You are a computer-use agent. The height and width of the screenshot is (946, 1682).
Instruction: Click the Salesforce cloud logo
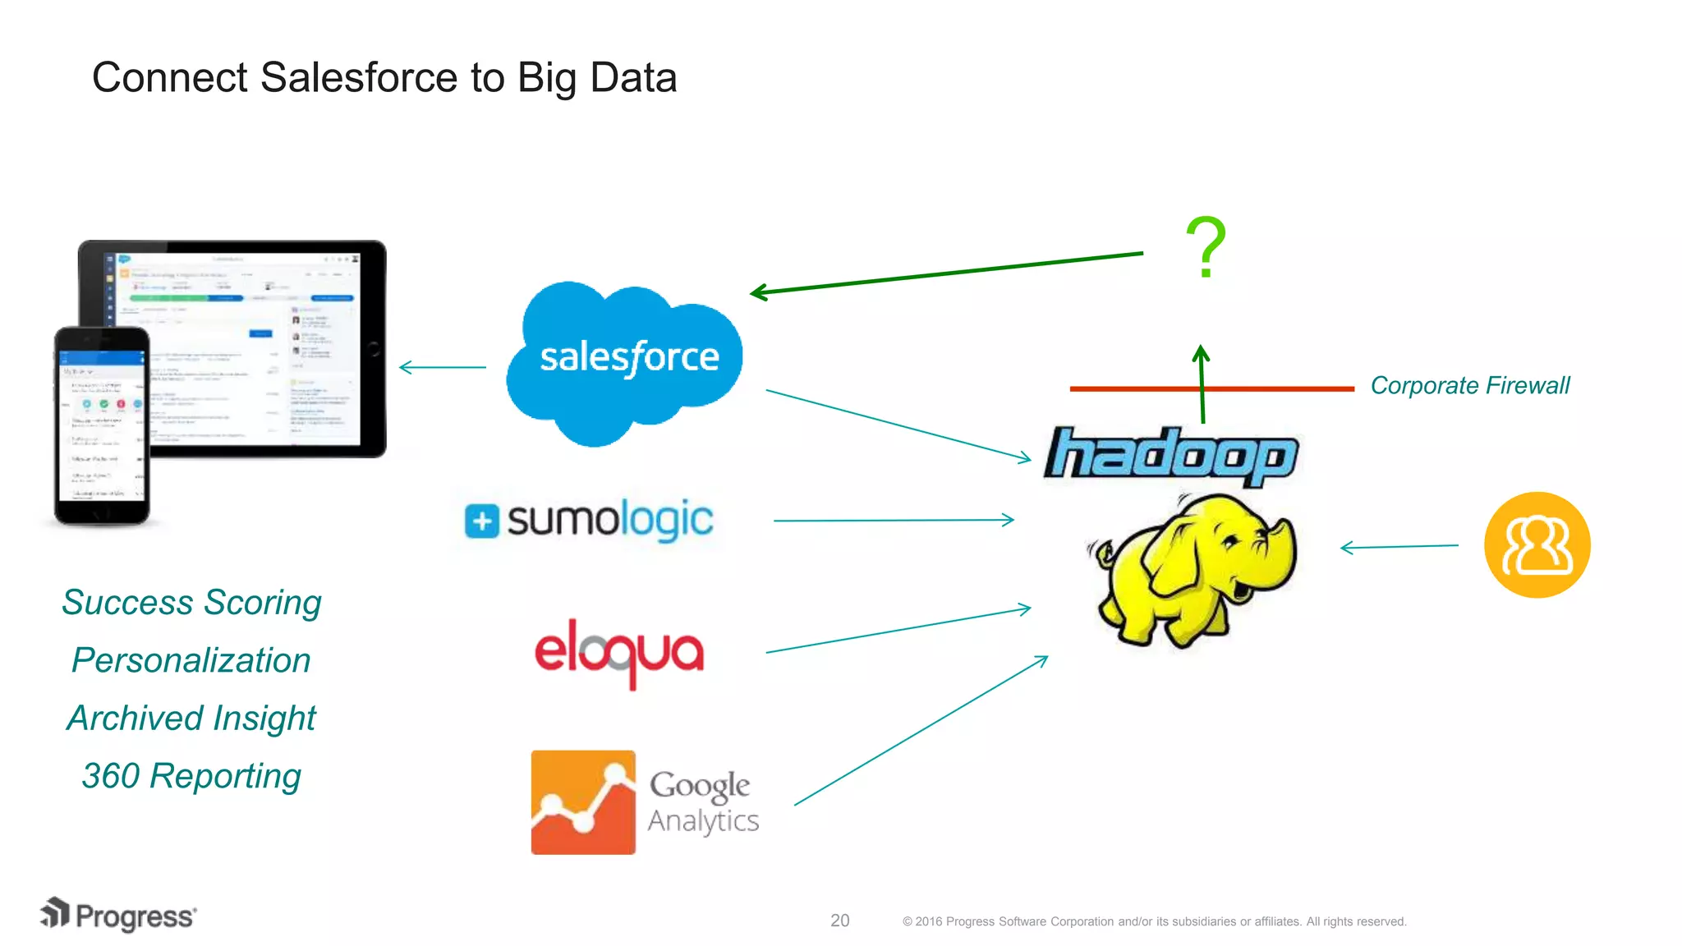(624, 361)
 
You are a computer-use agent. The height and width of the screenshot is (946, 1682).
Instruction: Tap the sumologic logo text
(608, 520)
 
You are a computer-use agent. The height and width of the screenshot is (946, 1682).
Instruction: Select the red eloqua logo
(619, 652)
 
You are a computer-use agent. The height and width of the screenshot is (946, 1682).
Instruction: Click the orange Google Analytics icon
(583, 802)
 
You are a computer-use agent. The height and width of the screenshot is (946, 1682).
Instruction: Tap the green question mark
(1206, 247)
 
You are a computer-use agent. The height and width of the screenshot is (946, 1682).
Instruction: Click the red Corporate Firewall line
(1133, 388)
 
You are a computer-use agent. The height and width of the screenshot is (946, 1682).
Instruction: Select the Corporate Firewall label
(1469, 385)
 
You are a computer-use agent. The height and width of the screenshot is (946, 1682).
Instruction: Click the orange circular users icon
(1537, 545)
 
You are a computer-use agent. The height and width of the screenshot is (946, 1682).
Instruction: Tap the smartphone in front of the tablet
(102, 425)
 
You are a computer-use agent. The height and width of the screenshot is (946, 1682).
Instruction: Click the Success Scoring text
(191, 603)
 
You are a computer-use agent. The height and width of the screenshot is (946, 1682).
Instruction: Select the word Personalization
(191, 660)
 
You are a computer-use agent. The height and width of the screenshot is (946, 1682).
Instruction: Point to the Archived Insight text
(191, 719)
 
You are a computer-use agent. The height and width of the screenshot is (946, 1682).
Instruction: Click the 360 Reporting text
(191, 776)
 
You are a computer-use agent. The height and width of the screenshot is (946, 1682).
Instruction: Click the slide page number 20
(839, 921)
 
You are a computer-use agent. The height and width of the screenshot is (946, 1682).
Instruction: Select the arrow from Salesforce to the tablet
(443, 367)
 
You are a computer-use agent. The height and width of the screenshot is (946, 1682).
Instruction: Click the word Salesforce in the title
(358, 78)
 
